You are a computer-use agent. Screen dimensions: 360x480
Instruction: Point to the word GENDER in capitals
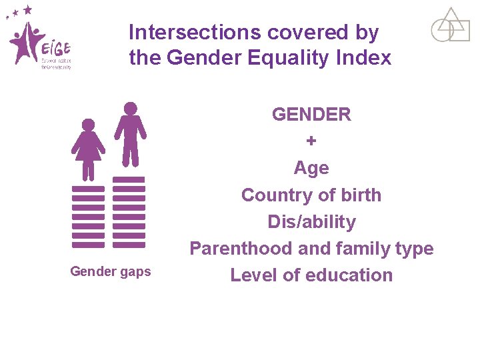point(311,115)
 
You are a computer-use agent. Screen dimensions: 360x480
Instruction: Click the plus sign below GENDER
point(311,141)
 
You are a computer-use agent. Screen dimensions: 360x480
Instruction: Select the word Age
point(311,168)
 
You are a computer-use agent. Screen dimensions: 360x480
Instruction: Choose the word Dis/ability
point(311,221)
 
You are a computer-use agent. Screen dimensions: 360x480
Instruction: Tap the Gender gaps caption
point(111,271)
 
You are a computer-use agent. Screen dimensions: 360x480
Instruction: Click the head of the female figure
point(88,125)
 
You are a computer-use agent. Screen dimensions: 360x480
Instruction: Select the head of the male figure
point(131,108)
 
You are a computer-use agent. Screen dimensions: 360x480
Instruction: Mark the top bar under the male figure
point(129,180)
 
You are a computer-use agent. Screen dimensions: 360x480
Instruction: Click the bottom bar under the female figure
point(88,245)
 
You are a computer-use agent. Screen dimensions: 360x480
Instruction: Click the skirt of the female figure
point(88,152)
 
